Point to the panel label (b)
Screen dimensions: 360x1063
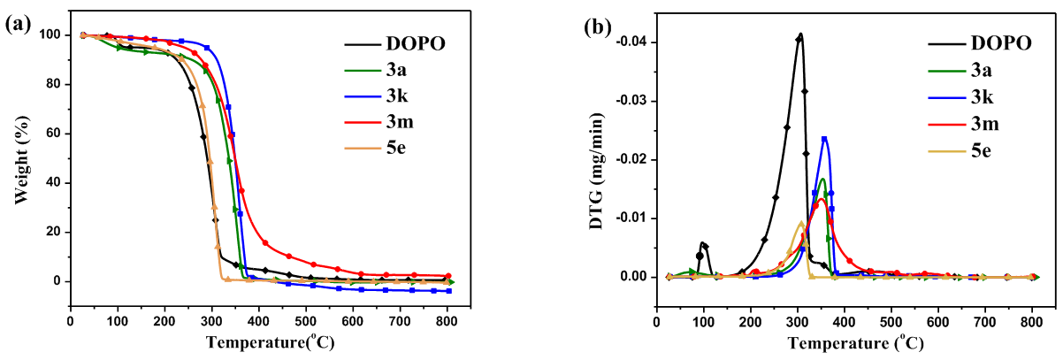coord(599,26)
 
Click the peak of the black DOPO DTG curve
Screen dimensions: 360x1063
coord(800,34)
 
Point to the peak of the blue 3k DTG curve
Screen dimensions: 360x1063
coord(824,138)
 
